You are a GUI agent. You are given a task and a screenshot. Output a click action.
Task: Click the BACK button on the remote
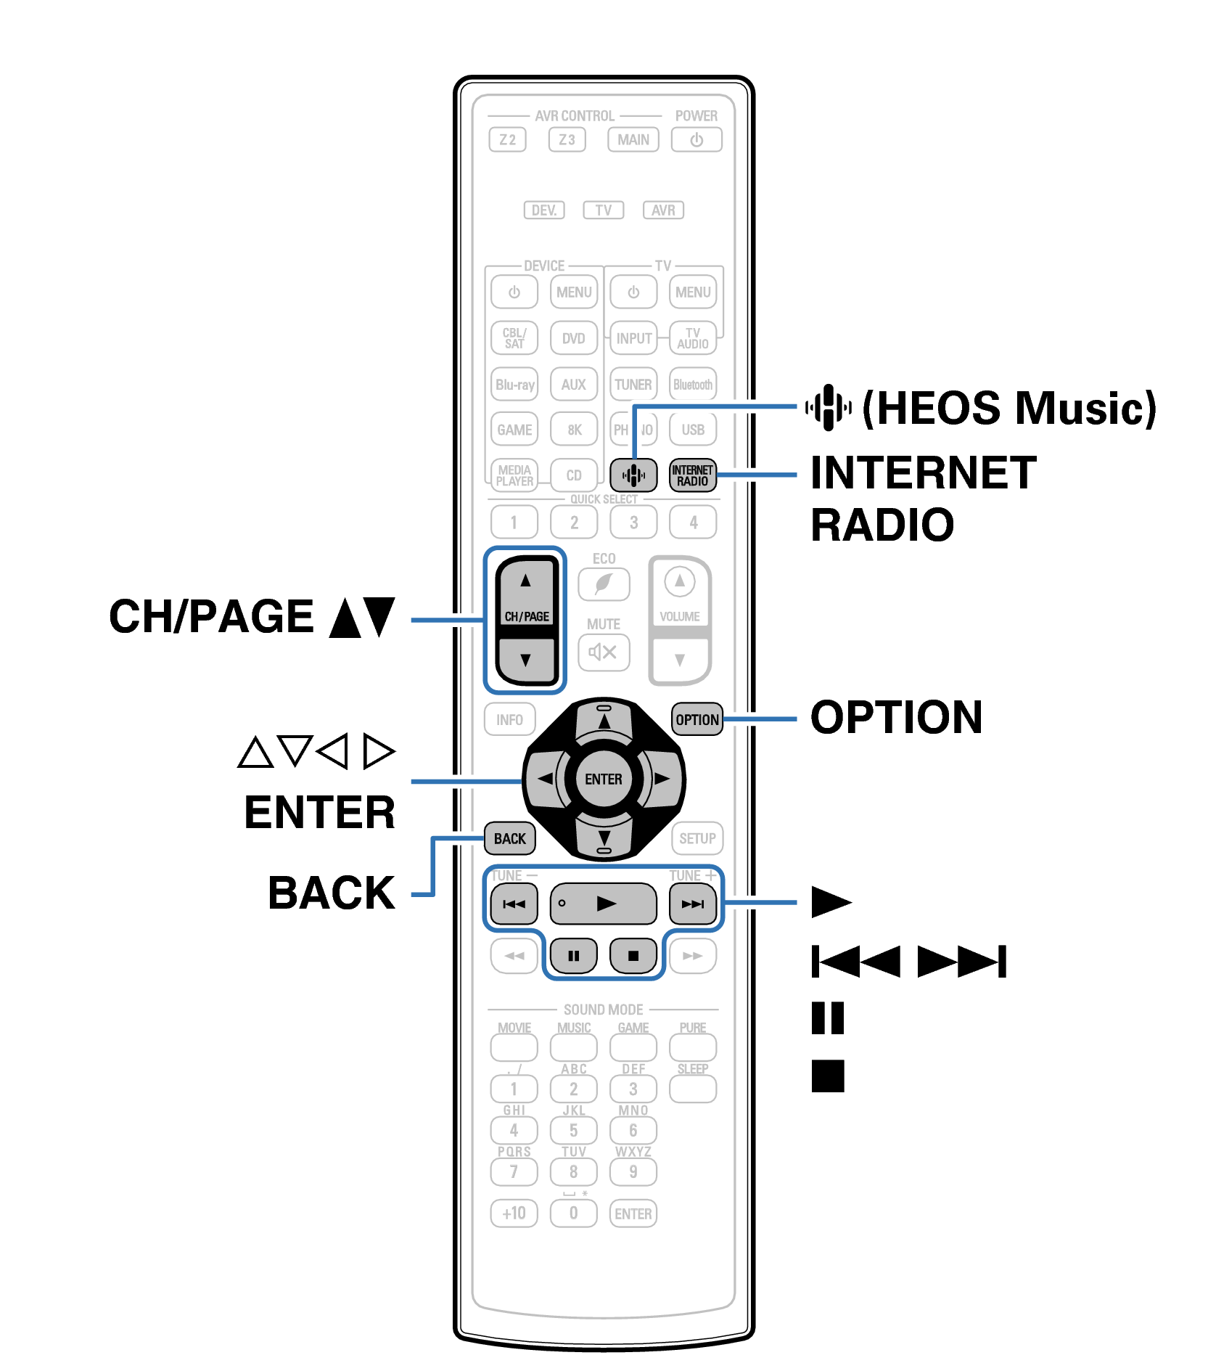[x=509, y=838]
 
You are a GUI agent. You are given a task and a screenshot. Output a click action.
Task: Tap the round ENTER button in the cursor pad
[x=603, y=779]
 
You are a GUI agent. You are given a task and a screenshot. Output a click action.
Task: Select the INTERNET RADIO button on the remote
[x=692, y=475]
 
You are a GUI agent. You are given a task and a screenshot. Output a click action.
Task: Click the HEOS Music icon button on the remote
[x=633, y=475]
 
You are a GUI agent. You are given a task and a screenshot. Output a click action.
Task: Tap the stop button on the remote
[x=633, y=955]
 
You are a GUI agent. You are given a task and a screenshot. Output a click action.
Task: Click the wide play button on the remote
[x=603, y=904]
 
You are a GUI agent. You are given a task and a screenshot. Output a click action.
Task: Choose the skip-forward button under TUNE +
[x=692, y=904]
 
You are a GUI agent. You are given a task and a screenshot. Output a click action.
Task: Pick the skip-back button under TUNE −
[x=514, y=904]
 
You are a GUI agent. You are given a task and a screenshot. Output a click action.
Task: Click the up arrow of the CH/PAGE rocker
[x=526, y=581]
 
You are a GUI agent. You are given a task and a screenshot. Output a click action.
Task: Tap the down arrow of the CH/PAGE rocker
[x=526, y=660]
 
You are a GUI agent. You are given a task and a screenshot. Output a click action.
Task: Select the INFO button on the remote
[x=509, y=719]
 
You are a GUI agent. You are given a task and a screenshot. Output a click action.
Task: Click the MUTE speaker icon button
[x=603, y=652]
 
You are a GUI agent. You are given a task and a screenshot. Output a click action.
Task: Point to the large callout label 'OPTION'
[x=896, y=718]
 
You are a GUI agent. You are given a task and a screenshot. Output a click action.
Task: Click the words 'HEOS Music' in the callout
[x=1008, y=408]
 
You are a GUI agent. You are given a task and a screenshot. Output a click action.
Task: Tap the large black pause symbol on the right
[x=828, y=1018]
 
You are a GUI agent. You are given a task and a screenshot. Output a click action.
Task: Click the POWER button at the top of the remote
[x=696, y=139]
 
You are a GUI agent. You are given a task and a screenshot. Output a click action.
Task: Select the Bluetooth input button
[x=692, y=385]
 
